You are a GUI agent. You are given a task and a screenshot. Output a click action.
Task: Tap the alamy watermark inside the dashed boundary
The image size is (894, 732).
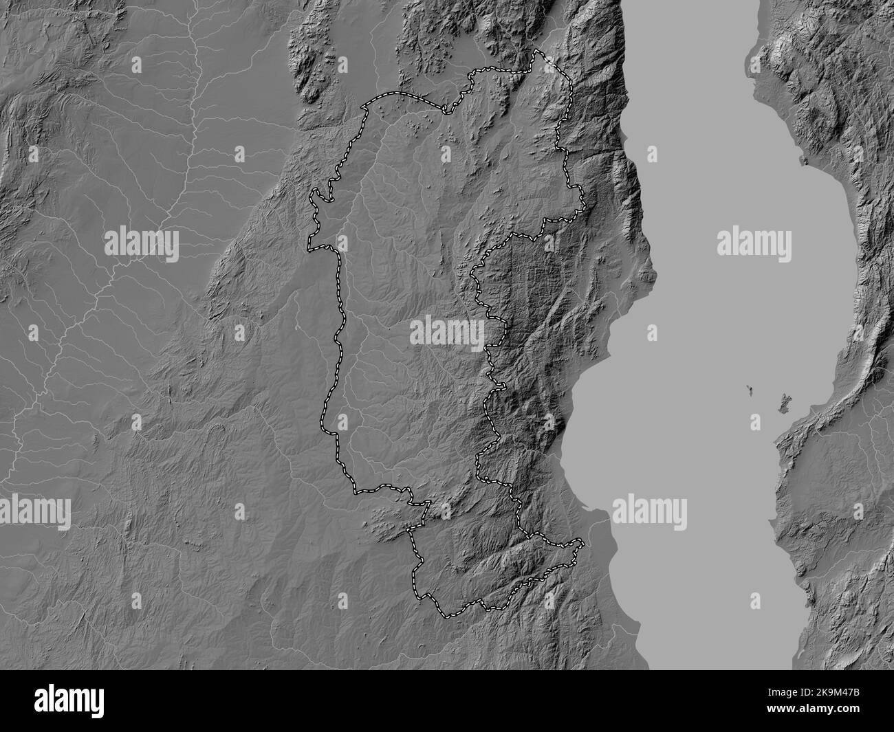point(447,332)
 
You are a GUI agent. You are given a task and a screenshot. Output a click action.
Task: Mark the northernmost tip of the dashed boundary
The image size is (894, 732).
point(537,52)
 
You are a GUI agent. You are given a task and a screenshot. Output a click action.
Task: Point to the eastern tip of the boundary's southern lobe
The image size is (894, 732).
point(584,542)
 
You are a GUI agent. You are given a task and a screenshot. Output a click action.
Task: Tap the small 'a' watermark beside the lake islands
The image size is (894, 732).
point(755,421)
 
